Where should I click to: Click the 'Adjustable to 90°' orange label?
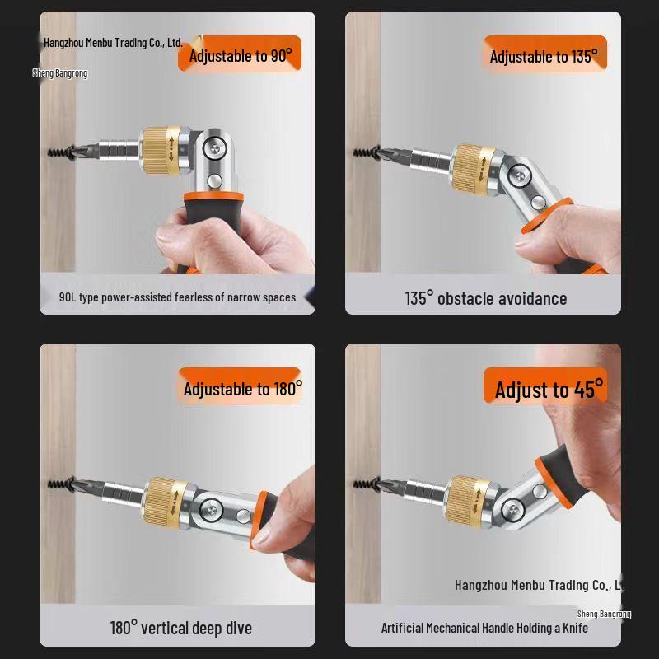[x=241, y=55]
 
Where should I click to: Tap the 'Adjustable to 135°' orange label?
[x=543, y=56]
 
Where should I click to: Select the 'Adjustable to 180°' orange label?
[x=242, y=388]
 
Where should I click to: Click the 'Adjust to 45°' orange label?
[x=549, y=389]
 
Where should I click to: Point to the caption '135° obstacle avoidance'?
[x=485, y=298]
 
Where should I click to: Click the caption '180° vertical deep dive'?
[x=180, y=628]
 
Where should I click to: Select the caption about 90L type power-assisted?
[x=177, y=297]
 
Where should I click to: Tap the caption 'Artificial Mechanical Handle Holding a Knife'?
[x=484, y=628]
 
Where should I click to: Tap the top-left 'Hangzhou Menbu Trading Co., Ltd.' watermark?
[x=113, y=42]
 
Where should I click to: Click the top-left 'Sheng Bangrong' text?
[x=59, y=73]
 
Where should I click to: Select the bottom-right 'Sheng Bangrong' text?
[x=603, y=614]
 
